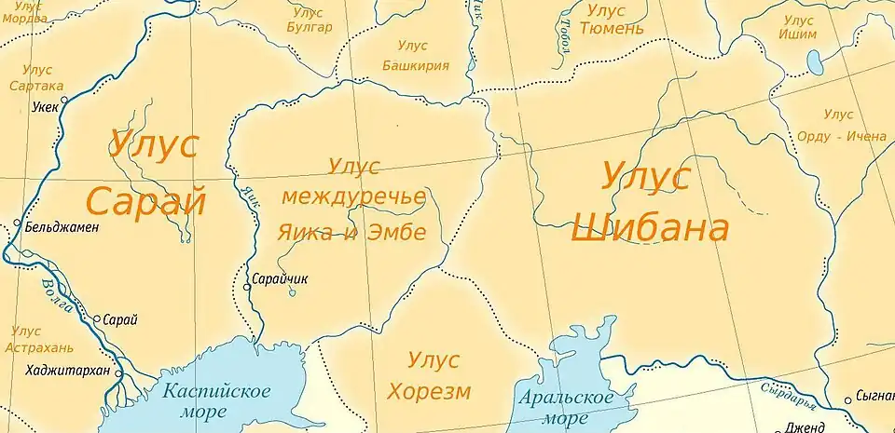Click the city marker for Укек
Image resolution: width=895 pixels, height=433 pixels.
pyautogui.click(x=63, y=100)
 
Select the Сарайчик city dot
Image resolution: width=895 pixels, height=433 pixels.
pyautogui.click(x=246, y=287)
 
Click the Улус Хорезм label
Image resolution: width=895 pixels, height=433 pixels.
pyautogui.click(x=438, y=374)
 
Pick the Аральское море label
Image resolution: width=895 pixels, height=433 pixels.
pyautogui.click(x=567, y=407)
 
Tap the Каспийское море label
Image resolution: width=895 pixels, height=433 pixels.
pyautogui.click(x=216, y=400)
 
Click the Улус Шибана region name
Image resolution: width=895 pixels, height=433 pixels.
pyautogui.click(x=649, y=202)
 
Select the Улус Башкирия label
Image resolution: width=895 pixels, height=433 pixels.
pyautogui.click(x=416, y=56)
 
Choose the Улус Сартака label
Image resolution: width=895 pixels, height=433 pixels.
pyautogui.click(x=36, y=77)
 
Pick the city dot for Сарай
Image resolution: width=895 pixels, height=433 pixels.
pyautogui.click(x=96, y=318)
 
